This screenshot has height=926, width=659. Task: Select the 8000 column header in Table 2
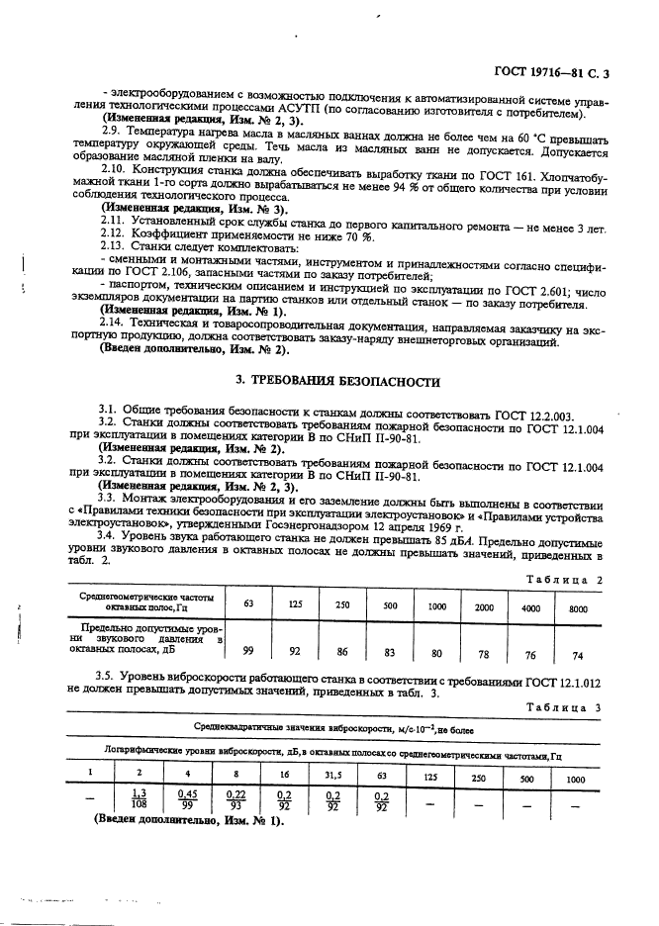click(x=578, y=606)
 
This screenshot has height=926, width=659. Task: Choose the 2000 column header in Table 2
click(x=483, y=606)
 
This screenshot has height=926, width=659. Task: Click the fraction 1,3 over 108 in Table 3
click(x=139, y=799)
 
